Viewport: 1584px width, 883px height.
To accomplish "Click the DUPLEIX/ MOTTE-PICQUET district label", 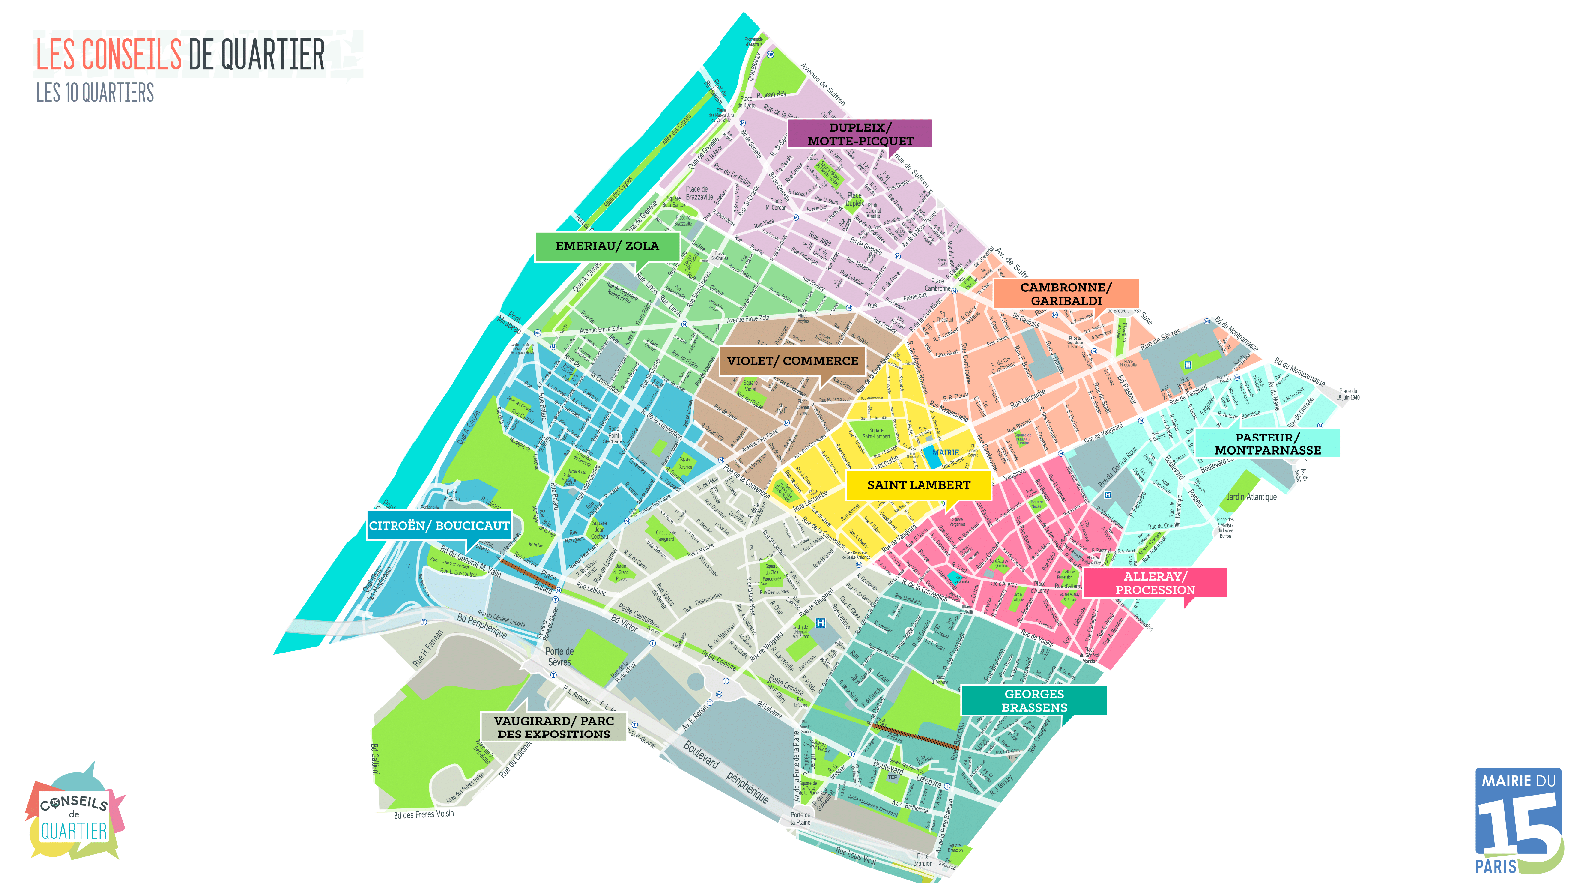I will pyautogui.click(x=860, y=134).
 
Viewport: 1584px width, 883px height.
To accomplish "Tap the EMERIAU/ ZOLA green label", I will pyautogui.click(x=607, y=246).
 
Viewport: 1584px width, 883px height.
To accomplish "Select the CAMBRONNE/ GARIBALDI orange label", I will pyautogui.click(x=1065, y=294).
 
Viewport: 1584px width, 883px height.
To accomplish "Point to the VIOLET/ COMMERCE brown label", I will pyautogui.click(x=792, y=361).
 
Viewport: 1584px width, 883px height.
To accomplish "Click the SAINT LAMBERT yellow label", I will pyautogui.click(x=918, y=485).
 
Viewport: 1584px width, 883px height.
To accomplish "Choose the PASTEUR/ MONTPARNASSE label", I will pyautogui.click(x=1267, y=443).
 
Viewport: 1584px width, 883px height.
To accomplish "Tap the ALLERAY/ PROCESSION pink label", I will pyautogui.click(x=1155, y=583).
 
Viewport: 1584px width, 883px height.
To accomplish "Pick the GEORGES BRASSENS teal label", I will pyautogui.click(x=1034, y=700).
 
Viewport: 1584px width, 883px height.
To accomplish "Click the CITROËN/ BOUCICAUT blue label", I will pyautogui.click(x=439, y=525).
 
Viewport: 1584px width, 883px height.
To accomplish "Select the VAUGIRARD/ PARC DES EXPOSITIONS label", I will pyautogui.click(x=553, y=727).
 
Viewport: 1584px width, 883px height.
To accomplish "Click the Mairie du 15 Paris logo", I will pyautogui.click(x=1517, y=821).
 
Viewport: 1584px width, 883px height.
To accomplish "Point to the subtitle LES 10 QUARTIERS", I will pyautogui.click(x=95, y=93).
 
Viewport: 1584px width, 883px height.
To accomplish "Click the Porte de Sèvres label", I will pyautogui.click(x=559, y=656).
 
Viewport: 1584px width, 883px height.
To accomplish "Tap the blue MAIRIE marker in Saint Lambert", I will pyautogui.click(x=934, y=456).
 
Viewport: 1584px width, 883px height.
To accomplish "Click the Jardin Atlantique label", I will pyautogui.click(x=1251, y=497).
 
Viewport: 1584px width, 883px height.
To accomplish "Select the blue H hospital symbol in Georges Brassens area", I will pyautogui.click(x=820, y=623).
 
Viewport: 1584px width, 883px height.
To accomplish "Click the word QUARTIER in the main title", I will pyautogui.click(x=273, y=55).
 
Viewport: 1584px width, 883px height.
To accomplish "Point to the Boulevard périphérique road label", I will pyautogui.click(x=726, y=773).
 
